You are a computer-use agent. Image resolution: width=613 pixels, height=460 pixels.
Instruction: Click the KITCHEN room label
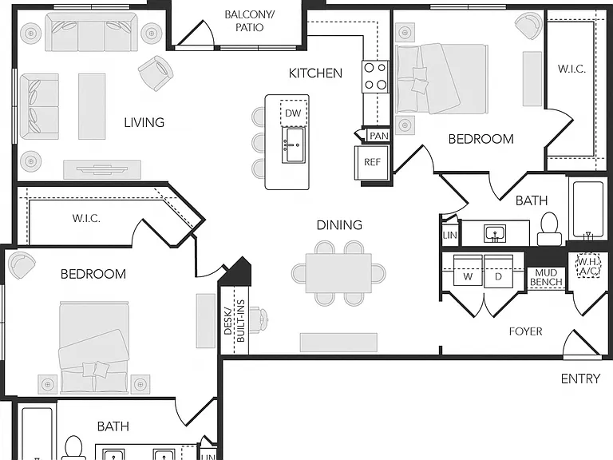[315, 73]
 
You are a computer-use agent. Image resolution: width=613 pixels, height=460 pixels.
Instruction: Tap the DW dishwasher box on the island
[294, 113]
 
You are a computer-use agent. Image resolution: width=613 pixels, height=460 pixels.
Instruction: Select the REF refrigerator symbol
[372, 162]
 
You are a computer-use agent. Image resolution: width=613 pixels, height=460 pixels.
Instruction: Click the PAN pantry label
[379, 136]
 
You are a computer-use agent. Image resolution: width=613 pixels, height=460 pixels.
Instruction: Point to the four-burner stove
[375, 77]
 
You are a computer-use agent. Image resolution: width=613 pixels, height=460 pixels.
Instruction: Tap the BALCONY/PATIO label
[249, 21]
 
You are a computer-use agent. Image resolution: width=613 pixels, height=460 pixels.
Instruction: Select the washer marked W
[468, 270]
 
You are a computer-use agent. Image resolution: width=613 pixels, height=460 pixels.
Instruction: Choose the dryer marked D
[498, 270]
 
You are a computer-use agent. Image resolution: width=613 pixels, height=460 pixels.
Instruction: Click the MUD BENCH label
[546, 277]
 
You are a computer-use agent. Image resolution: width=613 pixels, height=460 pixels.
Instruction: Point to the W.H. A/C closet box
[588, 267]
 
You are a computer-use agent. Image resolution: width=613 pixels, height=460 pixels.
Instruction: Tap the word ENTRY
[580, 379]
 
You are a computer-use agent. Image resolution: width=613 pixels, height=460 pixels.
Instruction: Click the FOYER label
[525, 331]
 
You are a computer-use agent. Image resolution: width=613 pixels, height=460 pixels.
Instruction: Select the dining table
[338, 273]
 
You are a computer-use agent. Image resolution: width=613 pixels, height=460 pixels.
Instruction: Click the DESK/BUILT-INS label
[234, 321]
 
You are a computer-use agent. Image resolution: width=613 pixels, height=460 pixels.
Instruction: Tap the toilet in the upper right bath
[549, 229]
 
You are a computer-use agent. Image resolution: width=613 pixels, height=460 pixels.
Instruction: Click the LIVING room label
[144, 123]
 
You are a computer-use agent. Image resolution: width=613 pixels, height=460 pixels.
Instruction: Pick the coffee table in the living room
[92, 106]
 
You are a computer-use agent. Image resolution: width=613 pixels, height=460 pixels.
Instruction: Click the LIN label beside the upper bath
[449, 236]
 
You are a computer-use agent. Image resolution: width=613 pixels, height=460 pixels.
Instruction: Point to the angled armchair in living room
[156, 73]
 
